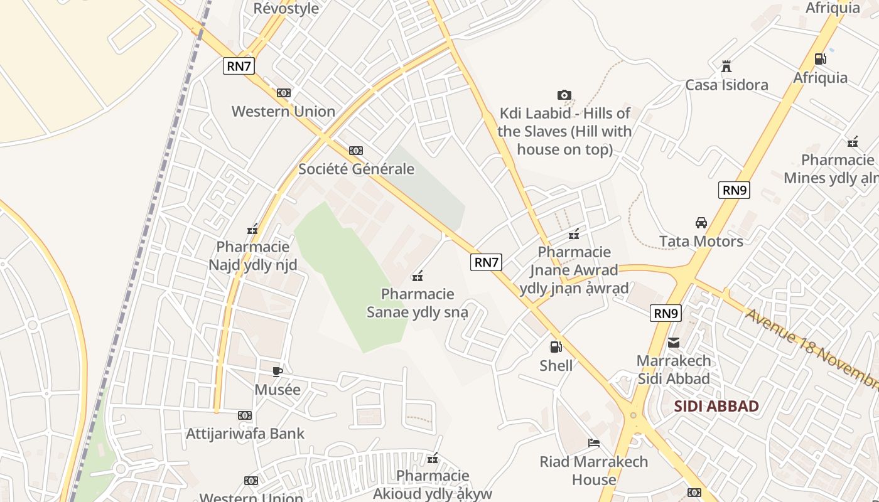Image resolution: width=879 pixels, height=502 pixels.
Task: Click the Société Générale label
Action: (x=356, y=169)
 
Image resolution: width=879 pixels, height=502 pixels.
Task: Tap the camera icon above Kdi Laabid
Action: (x=564, y=95)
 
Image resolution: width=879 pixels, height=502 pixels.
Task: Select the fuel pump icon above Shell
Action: (x=556, y=346)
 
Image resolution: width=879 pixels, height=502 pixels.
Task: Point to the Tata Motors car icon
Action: (x=701, y=223)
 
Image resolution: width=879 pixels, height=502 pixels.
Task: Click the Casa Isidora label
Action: (x=726, y=85)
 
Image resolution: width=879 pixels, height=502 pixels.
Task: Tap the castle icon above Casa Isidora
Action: (x=726, y=67)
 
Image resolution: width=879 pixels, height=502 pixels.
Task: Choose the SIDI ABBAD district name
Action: (x=716, y=406)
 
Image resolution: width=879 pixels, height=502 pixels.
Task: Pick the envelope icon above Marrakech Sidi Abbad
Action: (x=674, y=343)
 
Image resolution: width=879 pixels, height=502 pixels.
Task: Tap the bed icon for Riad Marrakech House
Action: (x=593, y=443)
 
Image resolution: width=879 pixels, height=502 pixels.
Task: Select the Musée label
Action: (x=278, y=390)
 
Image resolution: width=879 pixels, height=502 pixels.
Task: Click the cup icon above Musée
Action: (x=278, y=371)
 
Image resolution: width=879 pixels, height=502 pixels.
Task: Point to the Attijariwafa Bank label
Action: (x=245, y=434)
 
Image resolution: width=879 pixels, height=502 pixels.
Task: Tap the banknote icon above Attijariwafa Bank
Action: (x=245, y=415)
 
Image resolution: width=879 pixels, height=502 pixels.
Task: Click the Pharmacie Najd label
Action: (x=252, y=255)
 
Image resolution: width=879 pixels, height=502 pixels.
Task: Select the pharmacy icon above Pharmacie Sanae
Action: (x=418, y=275)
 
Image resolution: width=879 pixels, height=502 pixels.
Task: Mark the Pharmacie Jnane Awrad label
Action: (x=574, y=270)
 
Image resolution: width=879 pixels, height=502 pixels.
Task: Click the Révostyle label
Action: (x=286, y=8)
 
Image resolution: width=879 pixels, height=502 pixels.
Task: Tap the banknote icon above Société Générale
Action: (x=356, y=151)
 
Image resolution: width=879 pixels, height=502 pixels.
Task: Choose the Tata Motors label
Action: (x=701, y=241)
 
